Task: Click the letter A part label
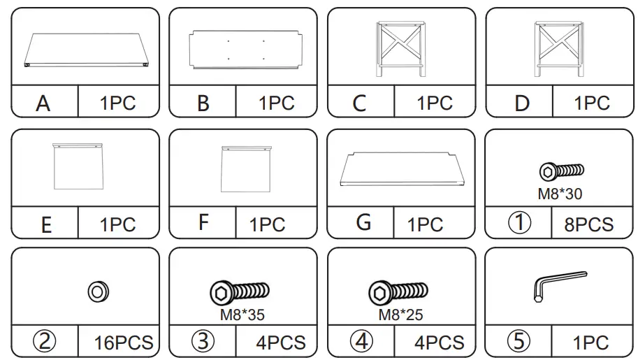point(44,103)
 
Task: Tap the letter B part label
point(203,103)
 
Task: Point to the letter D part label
point(521,103)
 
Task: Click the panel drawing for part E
point(78,166)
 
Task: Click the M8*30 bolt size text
point(560,194)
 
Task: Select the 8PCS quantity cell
point(588,224)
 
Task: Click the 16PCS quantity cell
point(124,343)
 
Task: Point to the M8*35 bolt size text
point(242,315)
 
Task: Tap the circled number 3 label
point(203,343)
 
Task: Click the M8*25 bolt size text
point(400,315)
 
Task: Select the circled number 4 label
point(361,343)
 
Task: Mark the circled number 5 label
point(519,343)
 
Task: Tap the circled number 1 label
point(519,224)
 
